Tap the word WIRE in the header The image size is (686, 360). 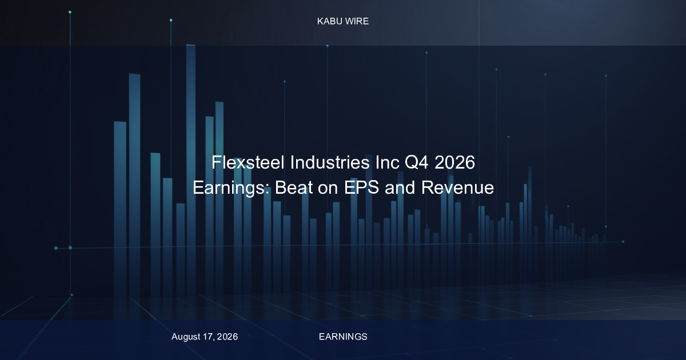pos(357,22)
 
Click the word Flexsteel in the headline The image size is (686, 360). pos(248,162)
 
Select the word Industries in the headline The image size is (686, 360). pos(330,162)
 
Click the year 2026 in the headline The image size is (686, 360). pos(455,162)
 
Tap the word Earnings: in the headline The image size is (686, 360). pos(231,187)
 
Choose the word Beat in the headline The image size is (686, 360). pos(293,187)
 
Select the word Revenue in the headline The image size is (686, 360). pos(457,187)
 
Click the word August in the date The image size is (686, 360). pos(186,337)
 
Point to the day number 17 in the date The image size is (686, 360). pos(209,337)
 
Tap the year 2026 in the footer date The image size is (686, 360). pos(228,337)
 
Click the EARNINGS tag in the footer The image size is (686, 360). pos(343,337)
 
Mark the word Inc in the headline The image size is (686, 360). pos(388,162)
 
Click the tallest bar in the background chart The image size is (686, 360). pos(191,170)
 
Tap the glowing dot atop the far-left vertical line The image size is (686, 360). pos(70,12)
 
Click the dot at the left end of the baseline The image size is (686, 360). pos(56,248)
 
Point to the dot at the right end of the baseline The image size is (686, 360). pos(623,242)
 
